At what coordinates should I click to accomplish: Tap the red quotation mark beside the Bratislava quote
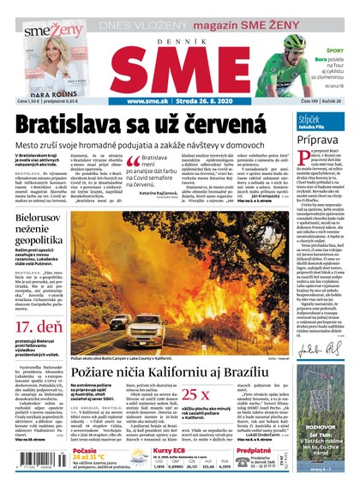(131, 163)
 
